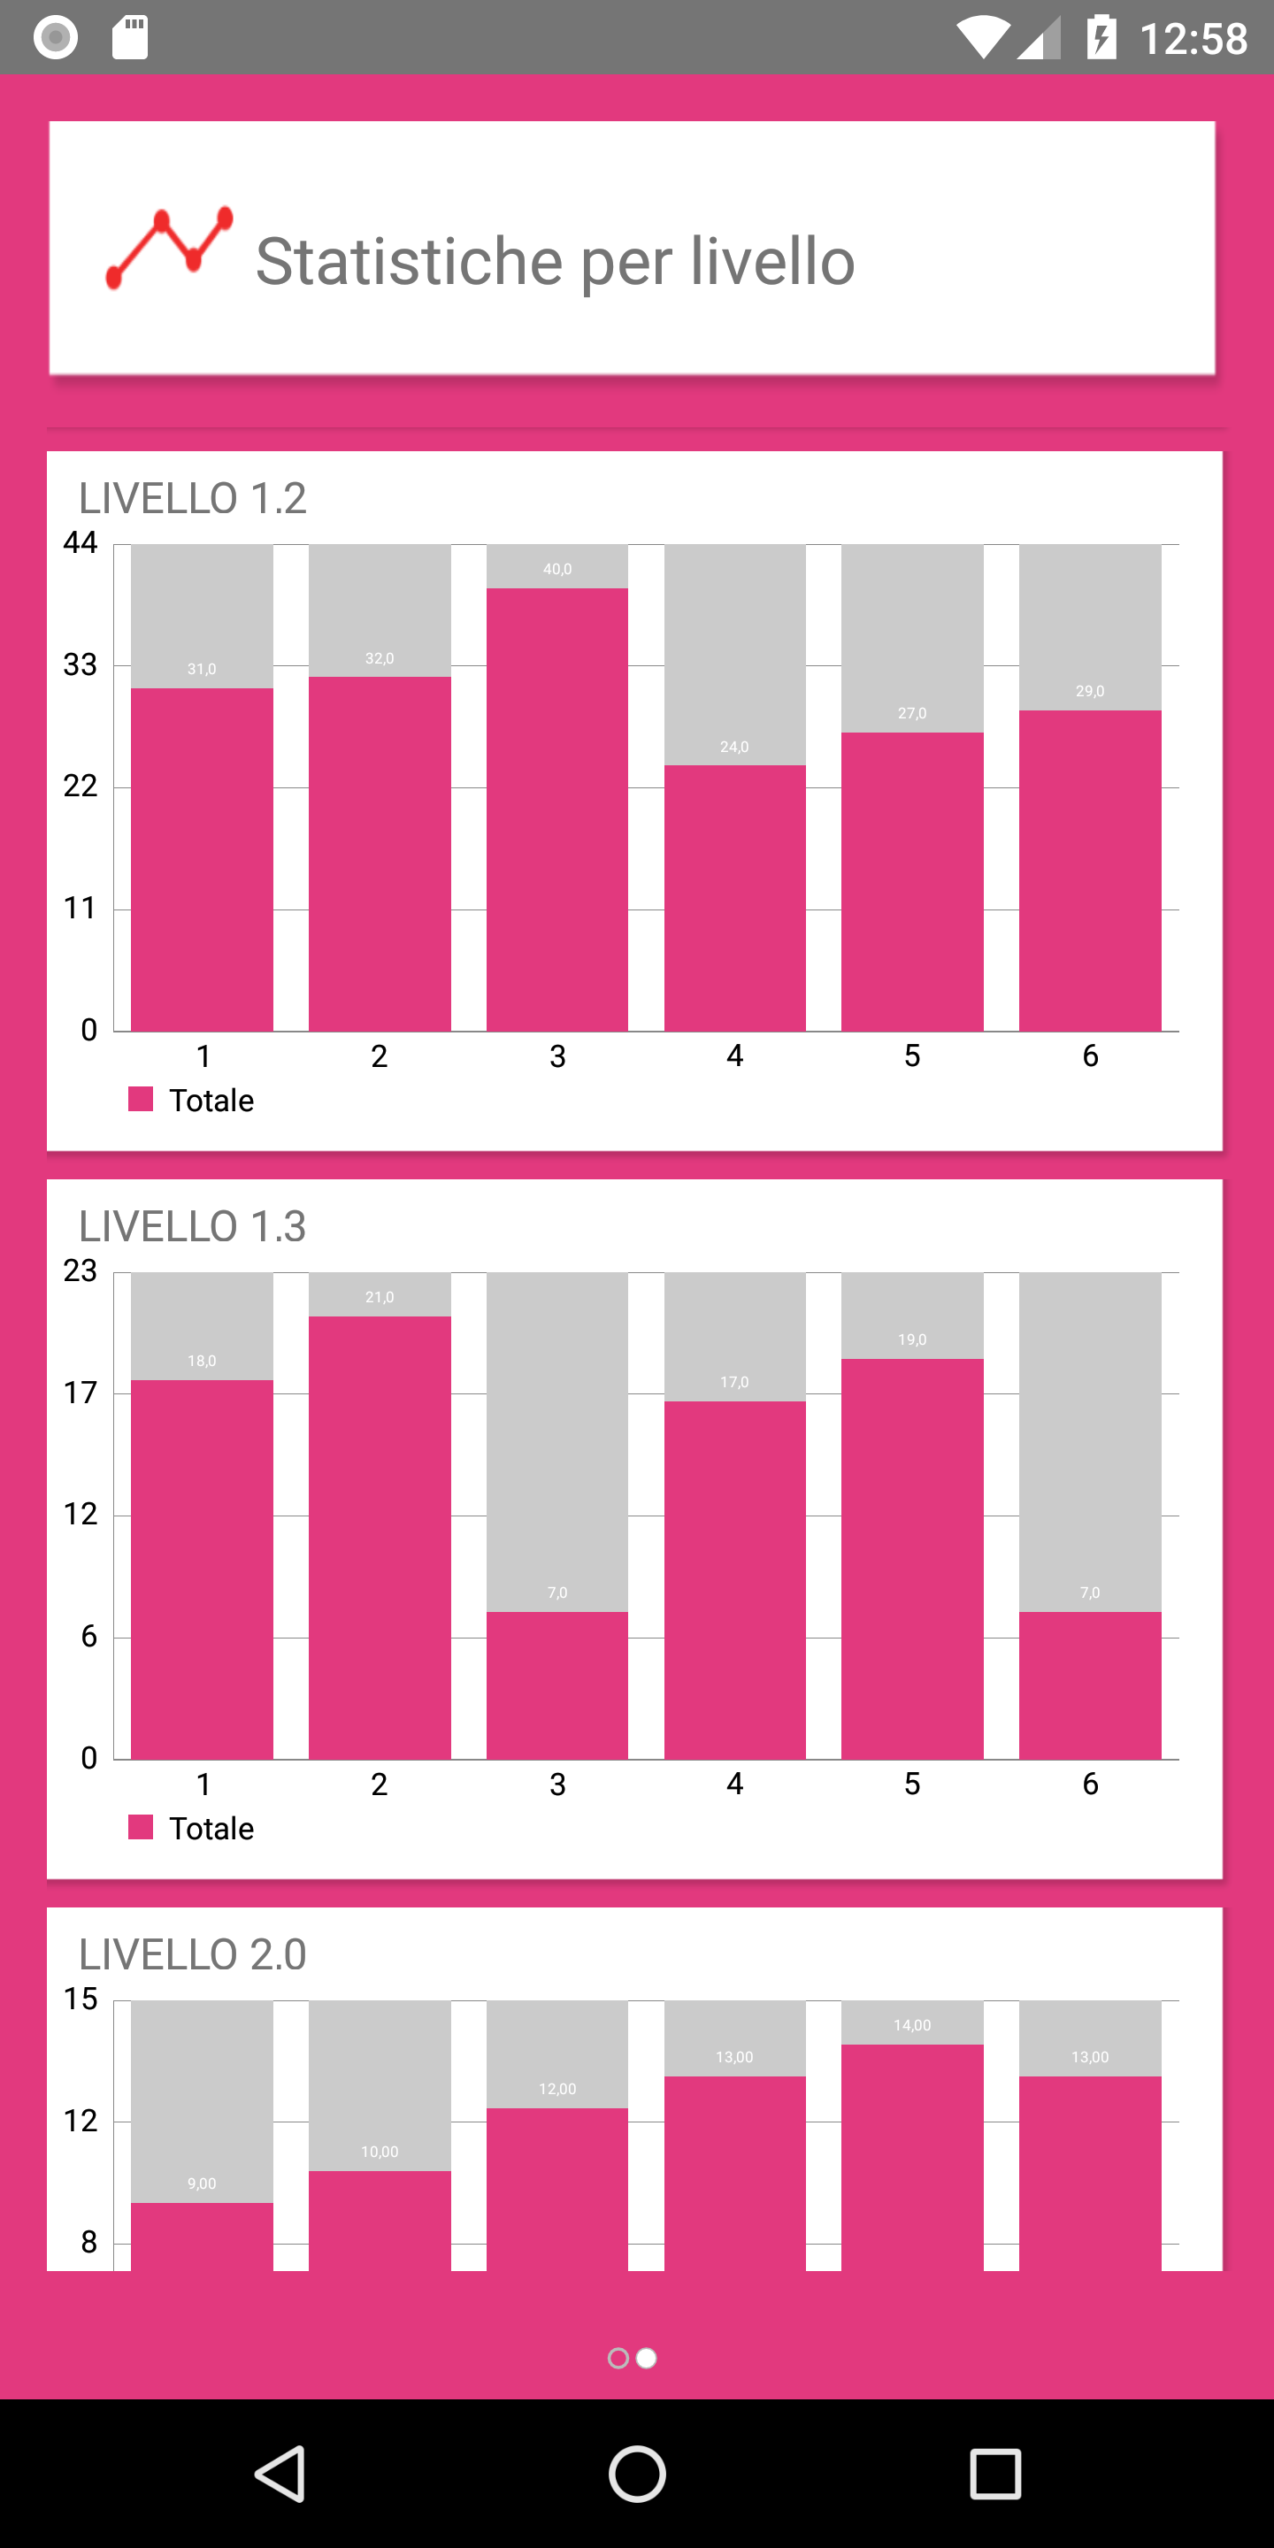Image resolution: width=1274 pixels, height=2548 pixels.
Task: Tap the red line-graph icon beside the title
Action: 169,249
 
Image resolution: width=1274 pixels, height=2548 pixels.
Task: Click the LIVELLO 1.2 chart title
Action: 193,498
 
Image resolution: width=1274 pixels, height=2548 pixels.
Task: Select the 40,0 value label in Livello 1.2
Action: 556,569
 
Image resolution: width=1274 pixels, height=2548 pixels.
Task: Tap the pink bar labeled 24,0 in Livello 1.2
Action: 734,897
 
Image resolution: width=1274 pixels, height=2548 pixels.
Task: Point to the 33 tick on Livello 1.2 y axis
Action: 81,664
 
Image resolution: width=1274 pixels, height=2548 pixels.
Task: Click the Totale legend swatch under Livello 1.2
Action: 141,1099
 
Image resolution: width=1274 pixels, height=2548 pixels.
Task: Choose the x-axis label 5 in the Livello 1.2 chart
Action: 912,1055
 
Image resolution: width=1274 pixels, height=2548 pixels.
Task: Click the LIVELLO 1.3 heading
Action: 193,1226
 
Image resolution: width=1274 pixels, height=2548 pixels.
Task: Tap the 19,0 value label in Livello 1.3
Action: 912,1339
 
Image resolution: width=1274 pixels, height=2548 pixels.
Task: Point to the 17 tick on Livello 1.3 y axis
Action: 81,1393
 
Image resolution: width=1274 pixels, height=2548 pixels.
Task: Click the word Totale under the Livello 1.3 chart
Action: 211,1828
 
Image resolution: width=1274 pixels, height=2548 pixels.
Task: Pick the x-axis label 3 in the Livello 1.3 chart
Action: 556,1784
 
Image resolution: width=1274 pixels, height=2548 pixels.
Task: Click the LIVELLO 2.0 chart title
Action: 193,1954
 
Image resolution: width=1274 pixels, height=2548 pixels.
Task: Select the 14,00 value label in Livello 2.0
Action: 912,2026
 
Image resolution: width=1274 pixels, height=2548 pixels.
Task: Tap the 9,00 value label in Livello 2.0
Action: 202,2183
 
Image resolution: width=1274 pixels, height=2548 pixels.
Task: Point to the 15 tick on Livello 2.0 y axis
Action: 81,1999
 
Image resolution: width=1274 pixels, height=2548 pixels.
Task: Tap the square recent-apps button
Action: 995,2474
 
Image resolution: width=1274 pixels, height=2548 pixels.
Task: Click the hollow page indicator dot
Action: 618,2358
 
